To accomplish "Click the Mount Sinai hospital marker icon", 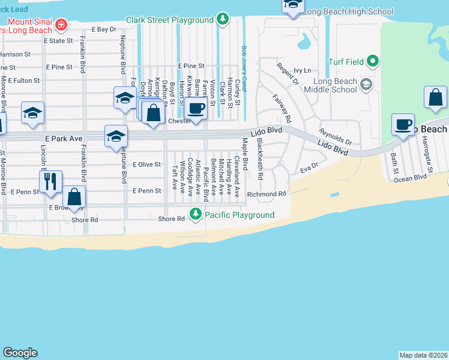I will click(61, 25).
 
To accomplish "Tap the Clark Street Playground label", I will click(169, 20).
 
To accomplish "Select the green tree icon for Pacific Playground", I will click(196, 214).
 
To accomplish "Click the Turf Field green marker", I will click(373, 61).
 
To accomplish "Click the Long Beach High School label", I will click(348, 11).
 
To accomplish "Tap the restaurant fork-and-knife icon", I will click(51, 181).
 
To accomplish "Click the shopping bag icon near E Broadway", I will click(74, 196).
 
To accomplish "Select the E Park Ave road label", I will click(63, 138).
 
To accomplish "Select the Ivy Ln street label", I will click(303, 70).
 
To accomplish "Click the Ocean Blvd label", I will click(410, 178).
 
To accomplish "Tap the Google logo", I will click(20, 353).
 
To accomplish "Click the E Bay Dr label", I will click(103, 29).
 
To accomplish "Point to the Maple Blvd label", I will click(245, 154).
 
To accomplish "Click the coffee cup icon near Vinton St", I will click(196, 109).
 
